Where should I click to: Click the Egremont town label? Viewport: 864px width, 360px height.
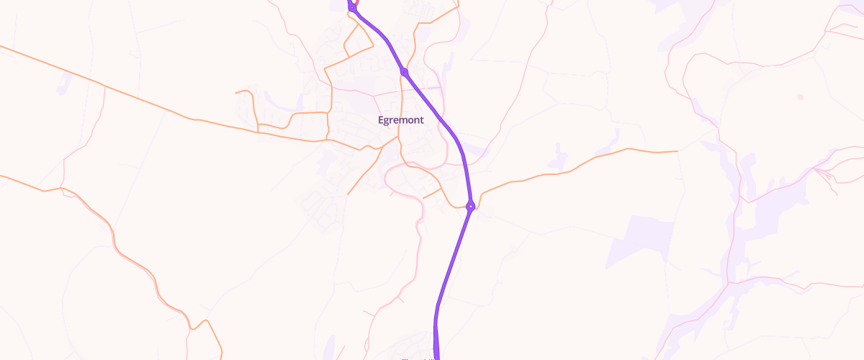401,120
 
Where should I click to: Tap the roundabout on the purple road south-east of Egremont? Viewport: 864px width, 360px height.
469,207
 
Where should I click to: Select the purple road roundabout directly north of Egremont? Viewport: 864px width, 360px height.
405,72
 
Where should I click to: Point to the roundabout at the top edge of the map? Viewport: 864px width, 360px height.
352,8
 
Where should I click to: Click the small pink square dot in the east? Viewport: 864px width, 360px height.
800,96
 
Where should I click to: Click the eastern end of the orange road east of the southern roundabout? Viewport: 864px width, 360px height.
678,151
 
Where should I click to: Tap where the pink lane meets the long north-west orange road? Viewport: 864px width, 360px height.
104,86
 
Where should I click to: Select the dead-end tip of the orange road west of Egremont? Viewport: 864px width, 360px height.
236,93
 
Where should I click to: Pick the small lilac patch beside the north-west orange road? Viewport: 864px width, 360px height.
63,82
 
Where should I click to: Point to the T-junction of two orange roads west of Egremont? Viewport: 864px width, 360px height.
257,132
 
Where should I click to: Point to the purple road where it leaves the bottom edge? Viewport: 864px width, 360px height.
436,356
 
